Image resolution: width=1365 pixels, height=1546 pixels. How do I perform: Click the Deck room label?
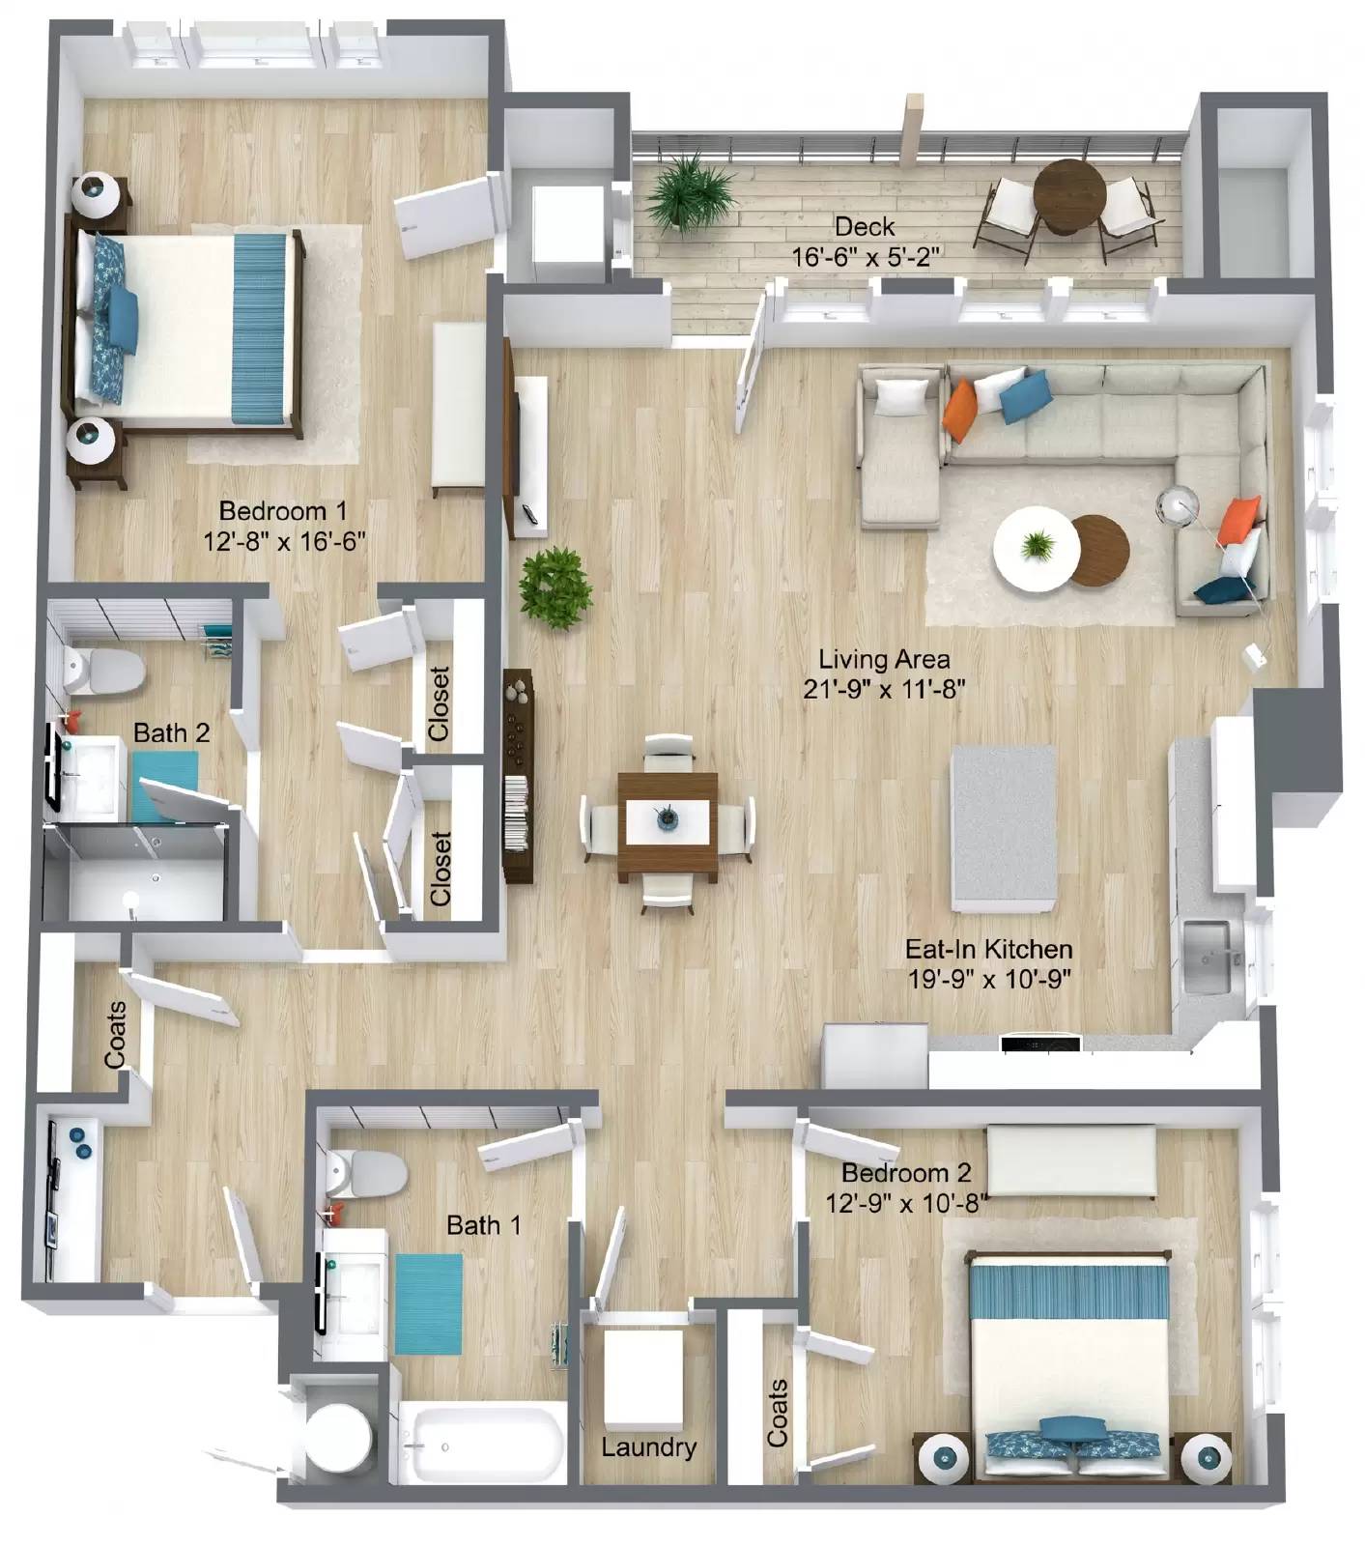tap(865, 227)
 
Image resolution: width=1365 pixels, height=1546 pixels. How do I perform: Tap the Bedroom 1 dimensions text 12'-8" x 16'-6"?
tap(284, 541)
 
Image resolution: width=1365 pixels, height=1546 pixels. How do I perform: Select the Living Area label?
tap(884, 659)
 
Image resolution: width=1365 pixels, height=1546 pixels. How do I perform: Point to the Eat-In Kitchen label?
tap(988, 949)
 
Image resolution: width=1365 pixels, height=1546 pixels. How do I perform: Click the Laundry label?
tap(648, 1447)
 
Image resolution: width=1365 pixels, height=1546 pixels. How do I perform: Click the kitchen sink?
tap(1207, 957)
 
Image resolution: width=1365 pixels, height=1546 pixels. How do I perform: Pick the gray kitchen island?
tap(1003, 828)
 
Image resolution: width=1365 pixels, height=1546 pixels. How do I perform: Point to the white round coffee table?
tap(1037, 549)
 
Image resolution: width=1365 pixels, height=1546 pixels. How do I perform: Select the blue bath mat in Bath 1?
tap(428, 1303)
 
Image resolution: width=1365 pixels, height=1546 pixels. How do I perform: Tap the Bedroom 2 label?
tap(905, 1173)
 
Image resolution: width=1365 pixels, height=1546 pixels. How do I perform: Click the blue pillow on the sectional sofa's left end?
tap(1025, 395)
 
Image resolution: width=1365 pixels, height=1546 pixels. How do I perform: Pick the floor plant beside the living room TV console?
tap(555, 587)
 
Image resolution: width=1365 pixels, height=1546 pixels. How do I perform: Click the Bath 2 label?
tap(171, 732)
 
